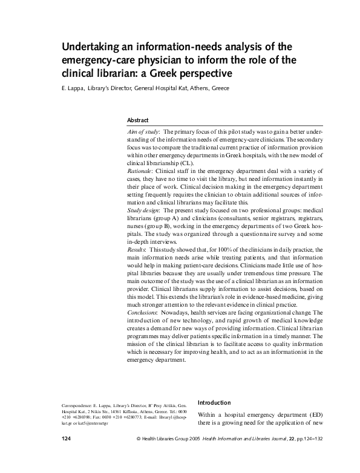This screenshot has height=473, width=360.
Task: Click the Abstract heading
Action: tap(137, 120)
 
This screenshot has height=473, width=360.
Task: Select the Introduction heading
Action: tap(215, 402)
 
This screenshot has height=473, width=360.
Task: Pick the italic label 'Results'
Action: tap(138, 250)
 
